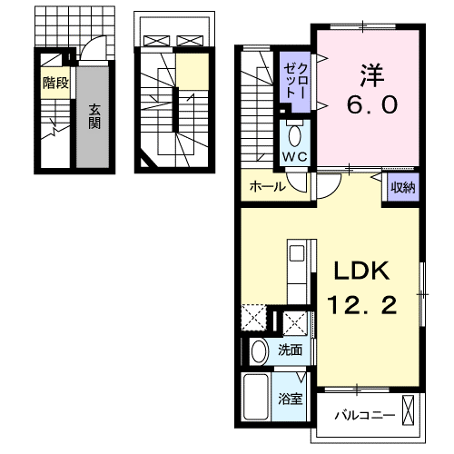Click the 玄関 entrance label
[94, 116]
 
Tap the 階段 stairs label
[55, 83]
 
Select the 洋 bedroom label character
[371, 74]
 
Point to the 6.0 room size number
[372, 104]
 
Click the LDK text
[361, 271]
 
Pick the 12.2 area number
[361, 305]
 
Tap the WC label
[295, 156]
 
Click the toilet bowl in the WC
[294, 136]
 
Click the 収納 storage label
[403, 188]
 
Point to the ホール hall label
[268, 187]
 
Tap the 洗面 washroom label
[291, 350]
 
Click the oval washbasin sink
[260, 351]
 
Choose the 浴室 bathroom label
[291, 399]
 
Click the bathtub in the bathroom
[256, 397]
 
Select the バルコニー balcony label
[365, 415]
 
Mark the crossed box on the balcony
[408, 410]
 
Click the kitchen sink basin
[297, 253]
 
